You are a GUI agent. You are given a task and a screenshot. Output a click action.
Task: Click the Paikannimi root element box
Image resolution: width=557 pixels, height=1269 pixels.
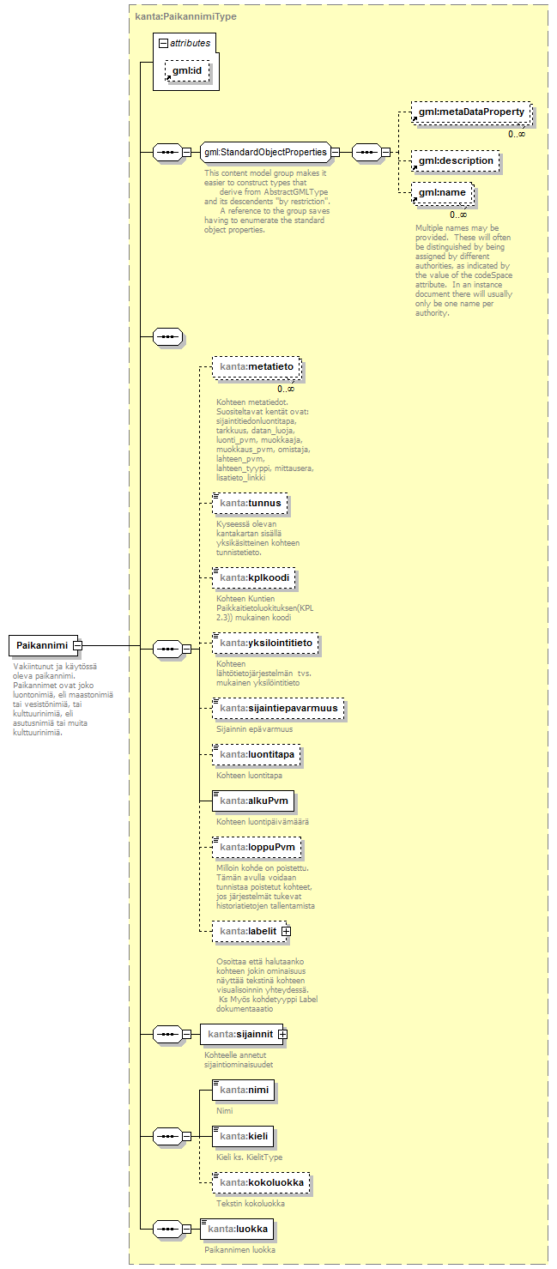tap(41, 645)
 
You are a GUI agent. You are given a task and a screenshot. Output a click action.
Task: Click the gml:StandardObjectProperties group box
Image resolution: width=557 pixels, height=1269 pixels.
tap(264, 153)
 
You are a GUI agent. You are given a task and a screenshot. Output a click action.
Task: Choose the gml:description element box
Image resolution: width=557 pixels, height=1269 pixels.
tap(455, 160)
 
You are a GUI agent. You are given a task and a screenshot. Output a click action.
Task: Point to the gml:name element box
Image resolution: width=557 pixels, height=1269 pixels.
tap(441, 193)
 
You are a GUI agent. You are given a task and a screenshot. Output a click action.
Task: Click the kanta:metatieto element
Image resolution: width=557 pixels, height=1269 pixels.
tap(257, 367)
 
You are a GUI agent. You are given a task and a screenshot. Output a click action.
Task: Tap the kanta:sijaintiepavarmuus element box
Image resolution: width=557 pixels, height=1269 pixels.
tap(278, 709)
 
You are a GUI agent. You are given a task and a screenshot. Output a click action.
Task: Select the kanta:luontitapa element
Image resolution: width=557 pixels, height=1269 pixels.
tap(257, 755)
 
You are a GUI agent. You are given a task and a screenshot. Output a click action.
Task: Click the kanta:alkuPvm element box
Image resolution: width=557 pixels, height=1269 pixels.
tap(253, 801)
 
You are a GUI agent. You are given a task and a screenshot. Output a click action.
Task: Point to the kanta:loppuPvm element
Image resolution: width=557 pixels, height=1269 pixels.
tap(257, 848)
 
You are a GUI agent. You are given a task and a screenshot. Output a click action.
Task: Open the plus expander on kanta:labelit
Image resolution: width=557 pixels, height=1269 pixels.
tap(286, 930)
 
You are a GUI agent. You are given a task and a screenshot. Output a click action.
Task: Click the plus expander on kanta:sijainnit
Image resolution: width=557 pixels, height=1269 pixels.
tap(282, 1035)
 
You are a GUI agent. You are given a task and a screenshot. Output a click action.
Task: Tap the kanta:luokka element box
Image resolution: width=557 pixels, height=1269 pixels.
tap(237, 1230)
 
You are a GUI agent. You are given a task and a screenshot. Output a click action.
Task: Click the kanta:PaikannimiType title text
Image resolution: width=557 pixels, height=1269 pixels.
tap(185, 16)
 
